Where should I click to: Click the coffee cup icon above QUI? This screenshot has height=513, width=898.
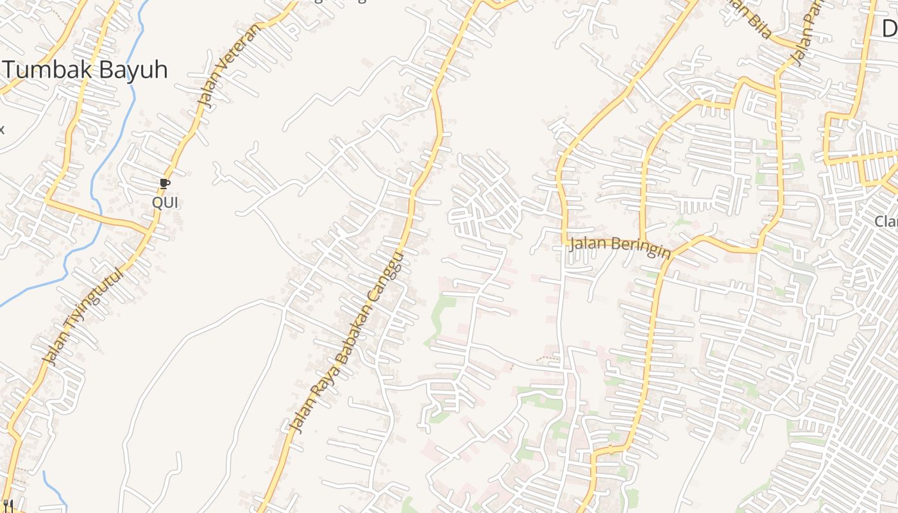165,185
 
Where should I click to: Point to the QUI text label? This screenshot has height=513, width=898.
165,203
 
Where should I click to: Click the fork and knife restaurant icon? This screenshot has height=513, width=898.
8,507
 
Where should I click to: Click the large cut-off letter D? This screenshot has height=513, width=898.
889,28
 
